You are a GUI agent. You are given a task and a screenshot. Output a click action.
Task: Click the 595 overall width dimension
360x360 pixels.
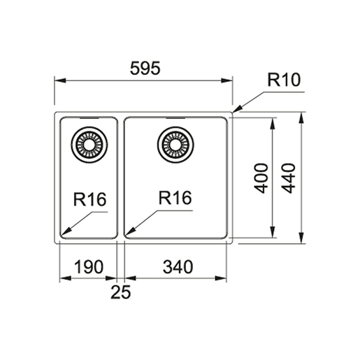pos(145,69)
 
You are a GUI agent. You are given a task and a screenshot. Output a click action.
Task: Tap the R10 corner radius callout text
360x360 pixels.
pos(284,80)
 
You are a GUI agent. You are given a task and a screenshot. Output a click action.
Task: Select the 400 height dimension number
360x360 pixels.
pos(261,178)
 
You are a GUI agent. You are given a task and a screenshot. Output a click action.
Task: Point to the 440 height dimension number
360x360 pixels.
pos(289,178)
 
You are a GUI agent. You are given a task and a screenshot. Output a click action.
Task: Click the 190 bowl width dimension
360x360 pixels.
pos(89,267)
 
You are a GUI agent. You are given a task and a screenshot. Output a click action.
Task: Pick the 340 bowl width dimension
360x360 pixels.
pos(178,267)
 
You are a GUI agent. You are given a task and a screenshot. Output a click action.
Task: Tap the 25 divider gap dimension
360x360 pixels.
pos(121,292)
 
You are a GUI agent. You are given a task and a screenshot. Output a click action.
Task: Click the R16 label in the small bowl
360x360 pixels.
pos(89,199)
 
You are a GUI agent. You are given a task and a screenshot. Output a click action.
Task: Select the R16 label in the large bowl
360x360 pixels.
pos(175,198)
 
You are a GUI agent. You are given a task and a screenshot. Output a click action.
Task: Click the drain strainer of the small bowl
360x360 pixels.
pos(89,145)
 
